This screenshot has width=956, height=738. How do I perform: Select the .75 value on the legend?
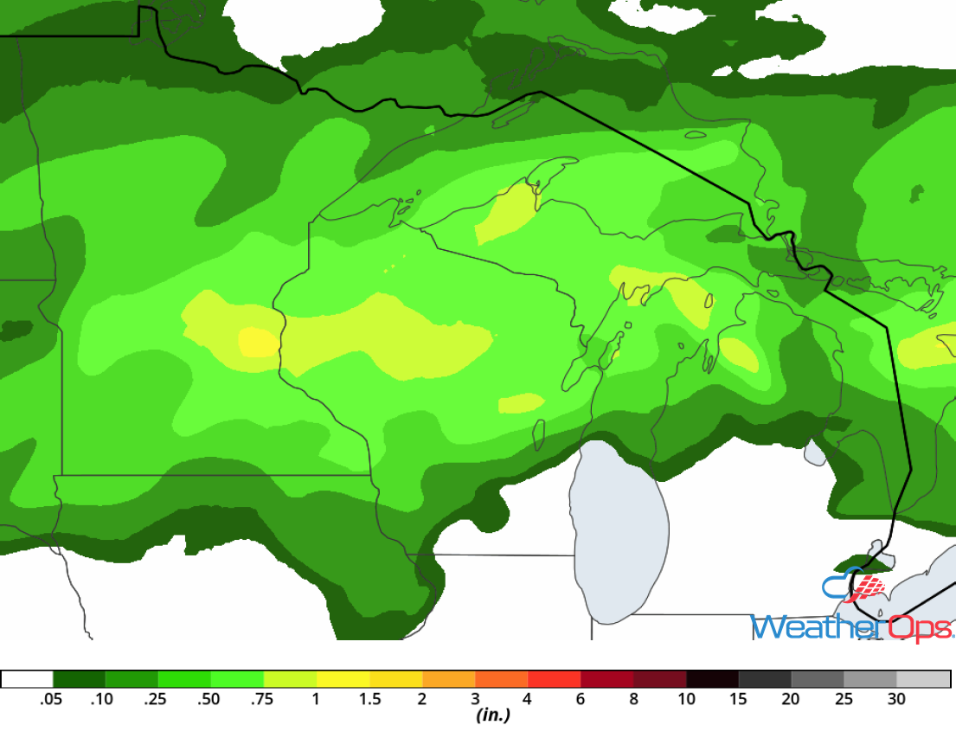(x=263, y=699)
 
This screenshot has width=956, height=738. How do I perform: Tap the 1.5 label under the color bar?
(x=369, y=699)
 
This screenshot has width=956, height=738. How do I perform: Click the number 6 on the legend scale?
(x=581, y=699)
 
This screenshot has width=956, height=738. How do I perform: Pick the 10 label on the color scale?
(x=686, y=699)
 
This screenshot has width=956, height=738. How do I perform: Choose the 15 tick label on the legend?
(x=739, y=699)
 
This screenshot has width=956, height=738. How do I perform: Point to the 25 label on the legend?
(x=844, y=699)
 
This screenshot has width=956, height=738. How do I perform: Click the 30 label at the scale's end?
(x=896, y=699)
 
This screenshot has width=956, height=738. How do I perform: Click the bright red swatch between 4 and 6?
(x=554, y=679)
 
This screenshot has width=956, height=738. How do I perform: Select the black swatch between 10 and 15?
(x=712, y=679)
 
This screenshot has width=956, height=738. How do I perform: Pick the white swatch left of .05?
(x=28, y=679)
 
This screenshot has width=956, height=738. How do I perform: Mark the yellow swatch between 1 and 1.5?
(x=343, y=679)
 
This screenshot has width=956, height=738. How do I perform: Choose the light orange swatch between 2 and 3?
(x=448, y=679)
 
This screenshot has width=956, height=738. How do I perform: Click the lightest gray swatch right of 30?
(x=923, y=679)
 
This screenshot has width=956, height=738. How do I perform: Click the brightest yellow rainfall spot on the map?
(x=258, y=343)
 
